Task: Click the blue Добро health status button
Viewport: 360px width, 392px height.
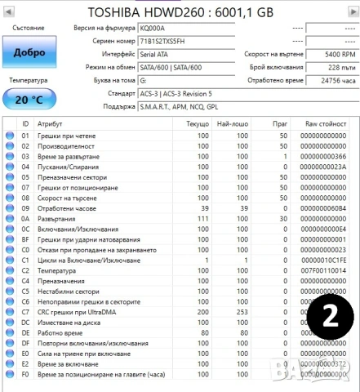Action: [29, 52]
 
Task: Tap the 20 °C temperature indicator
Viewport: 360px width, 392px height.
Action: [29, 99]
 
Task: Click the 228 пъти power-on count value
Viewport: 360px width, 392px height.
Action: [331, 66]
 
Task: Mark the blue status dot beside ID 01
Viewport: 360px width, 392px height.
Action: [10, 135]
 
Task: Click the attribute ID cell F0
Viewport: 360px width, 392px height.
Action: [24, 376]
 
